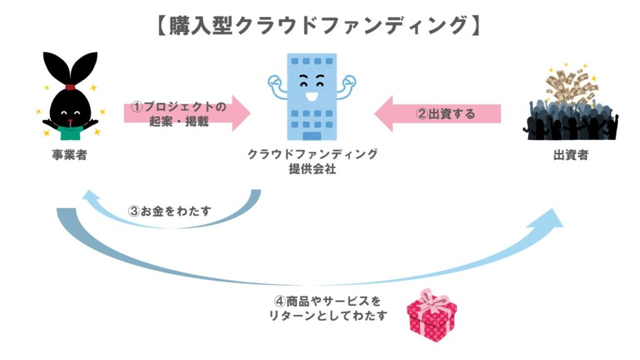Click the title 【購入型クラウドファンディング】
pyautogui.click(x=319, y=25)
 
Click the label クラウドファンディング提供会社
pyautogui.click(x=313, y=161)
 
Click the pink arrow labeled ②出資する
pyautogui.click(x=437, y=113)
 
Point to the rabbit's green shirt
pyautogui.click(x=70, y=130)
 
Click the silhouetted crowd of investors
pyautogui.click(x=569, y=122)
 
